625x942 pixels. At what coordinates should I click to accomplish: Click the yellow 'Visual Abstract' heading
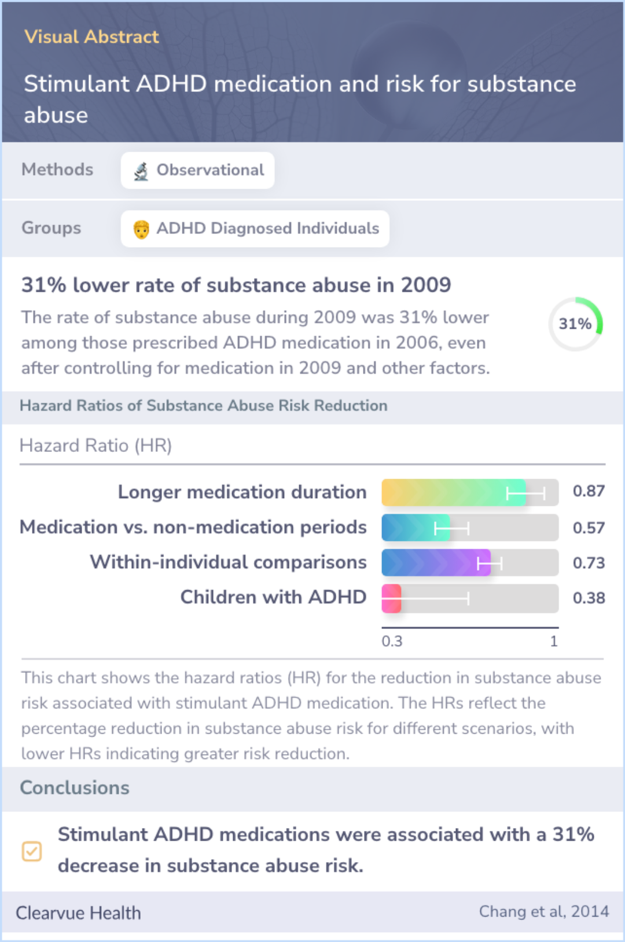tap(91, 37)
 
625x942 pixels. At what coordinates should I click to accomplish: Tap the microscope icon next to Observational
tap(141, 171)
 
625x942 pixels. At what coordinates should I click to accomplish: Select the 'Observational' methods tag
tap(198, 170)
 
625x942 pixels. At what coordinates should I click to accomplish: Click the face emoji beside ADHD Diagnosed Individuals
tap(141, 229)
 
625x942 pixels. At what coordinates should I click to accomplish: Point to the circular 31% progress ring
tap(575, 324)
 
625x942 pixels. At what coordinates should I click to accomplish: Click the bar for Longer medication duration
tap(454, 492)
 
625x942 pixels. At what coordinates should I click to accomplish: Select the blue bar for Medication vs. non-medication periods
tap(416, 528)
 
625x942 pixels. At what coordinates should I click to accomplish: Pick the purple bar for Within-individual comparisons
tap(436, 562)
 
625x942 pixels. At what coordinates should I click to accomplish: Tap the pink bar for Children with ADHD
tap(392, 598)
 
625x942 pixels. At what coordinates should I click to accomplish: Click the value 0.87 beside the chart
tap(589, 491)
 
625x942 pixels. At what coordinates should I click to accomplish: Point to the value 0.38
tap(589, 598)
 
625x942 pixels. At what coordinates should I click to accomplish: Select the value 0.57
tap(589, 528)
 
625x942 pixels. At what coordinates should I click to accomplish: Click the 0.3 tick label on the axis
tap(392, 641)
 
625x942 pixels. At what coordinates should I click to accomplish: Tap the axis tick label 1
tap(554, 641)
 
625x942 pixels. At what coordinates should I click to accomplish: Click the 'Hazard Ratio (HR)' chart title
tap(95, 446)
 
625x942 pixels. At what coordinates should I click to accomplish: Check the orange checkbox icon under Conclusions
tap(32, 851)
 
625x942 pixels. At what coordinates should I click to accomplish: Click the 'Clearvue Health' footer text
tap(78, 913)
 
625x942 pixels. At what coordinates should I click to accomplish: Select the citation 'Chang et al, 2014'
tap(543, 911)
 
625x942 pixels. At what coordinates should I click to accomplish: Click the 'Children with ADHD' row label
tap(273, 597)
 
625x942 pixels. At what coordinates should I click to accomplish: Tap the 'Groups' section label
tap(51, 228)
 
